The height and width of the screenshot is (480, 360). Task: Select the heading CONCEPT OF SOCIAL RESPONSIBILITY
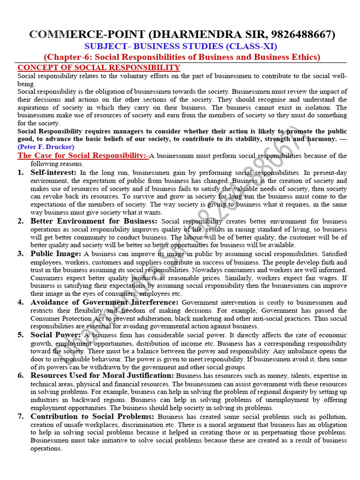click(x=98, y=67)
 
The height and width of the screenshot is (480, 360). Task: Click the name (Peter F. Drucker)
click(x=46, y=147)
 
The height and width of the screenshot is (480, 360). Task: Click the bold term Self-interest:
click(x=53, y=172)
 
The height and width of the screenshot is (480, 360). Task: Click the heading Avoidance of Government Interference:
click(x=105, y=302)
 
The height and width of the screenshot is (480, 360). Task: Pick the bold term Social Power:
click(x=56, y=335)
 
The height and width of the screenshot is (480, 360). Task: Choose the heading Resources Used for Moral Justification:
click(x=102, y=375)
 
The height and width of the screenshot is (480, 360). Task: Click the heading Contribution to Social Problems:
click(x=92, y=416)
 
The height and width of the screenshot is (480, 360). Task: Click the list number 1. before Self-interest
click(x=21, y=172)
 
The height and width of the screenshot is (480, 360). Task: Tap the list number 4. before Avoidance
click(x=21, y=302)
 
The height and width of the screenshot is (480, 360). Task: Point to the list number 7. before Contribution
click(x=21, y=416)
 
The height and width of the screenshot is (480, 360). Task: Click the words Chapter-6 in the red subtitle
click(x=68, y=57)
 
